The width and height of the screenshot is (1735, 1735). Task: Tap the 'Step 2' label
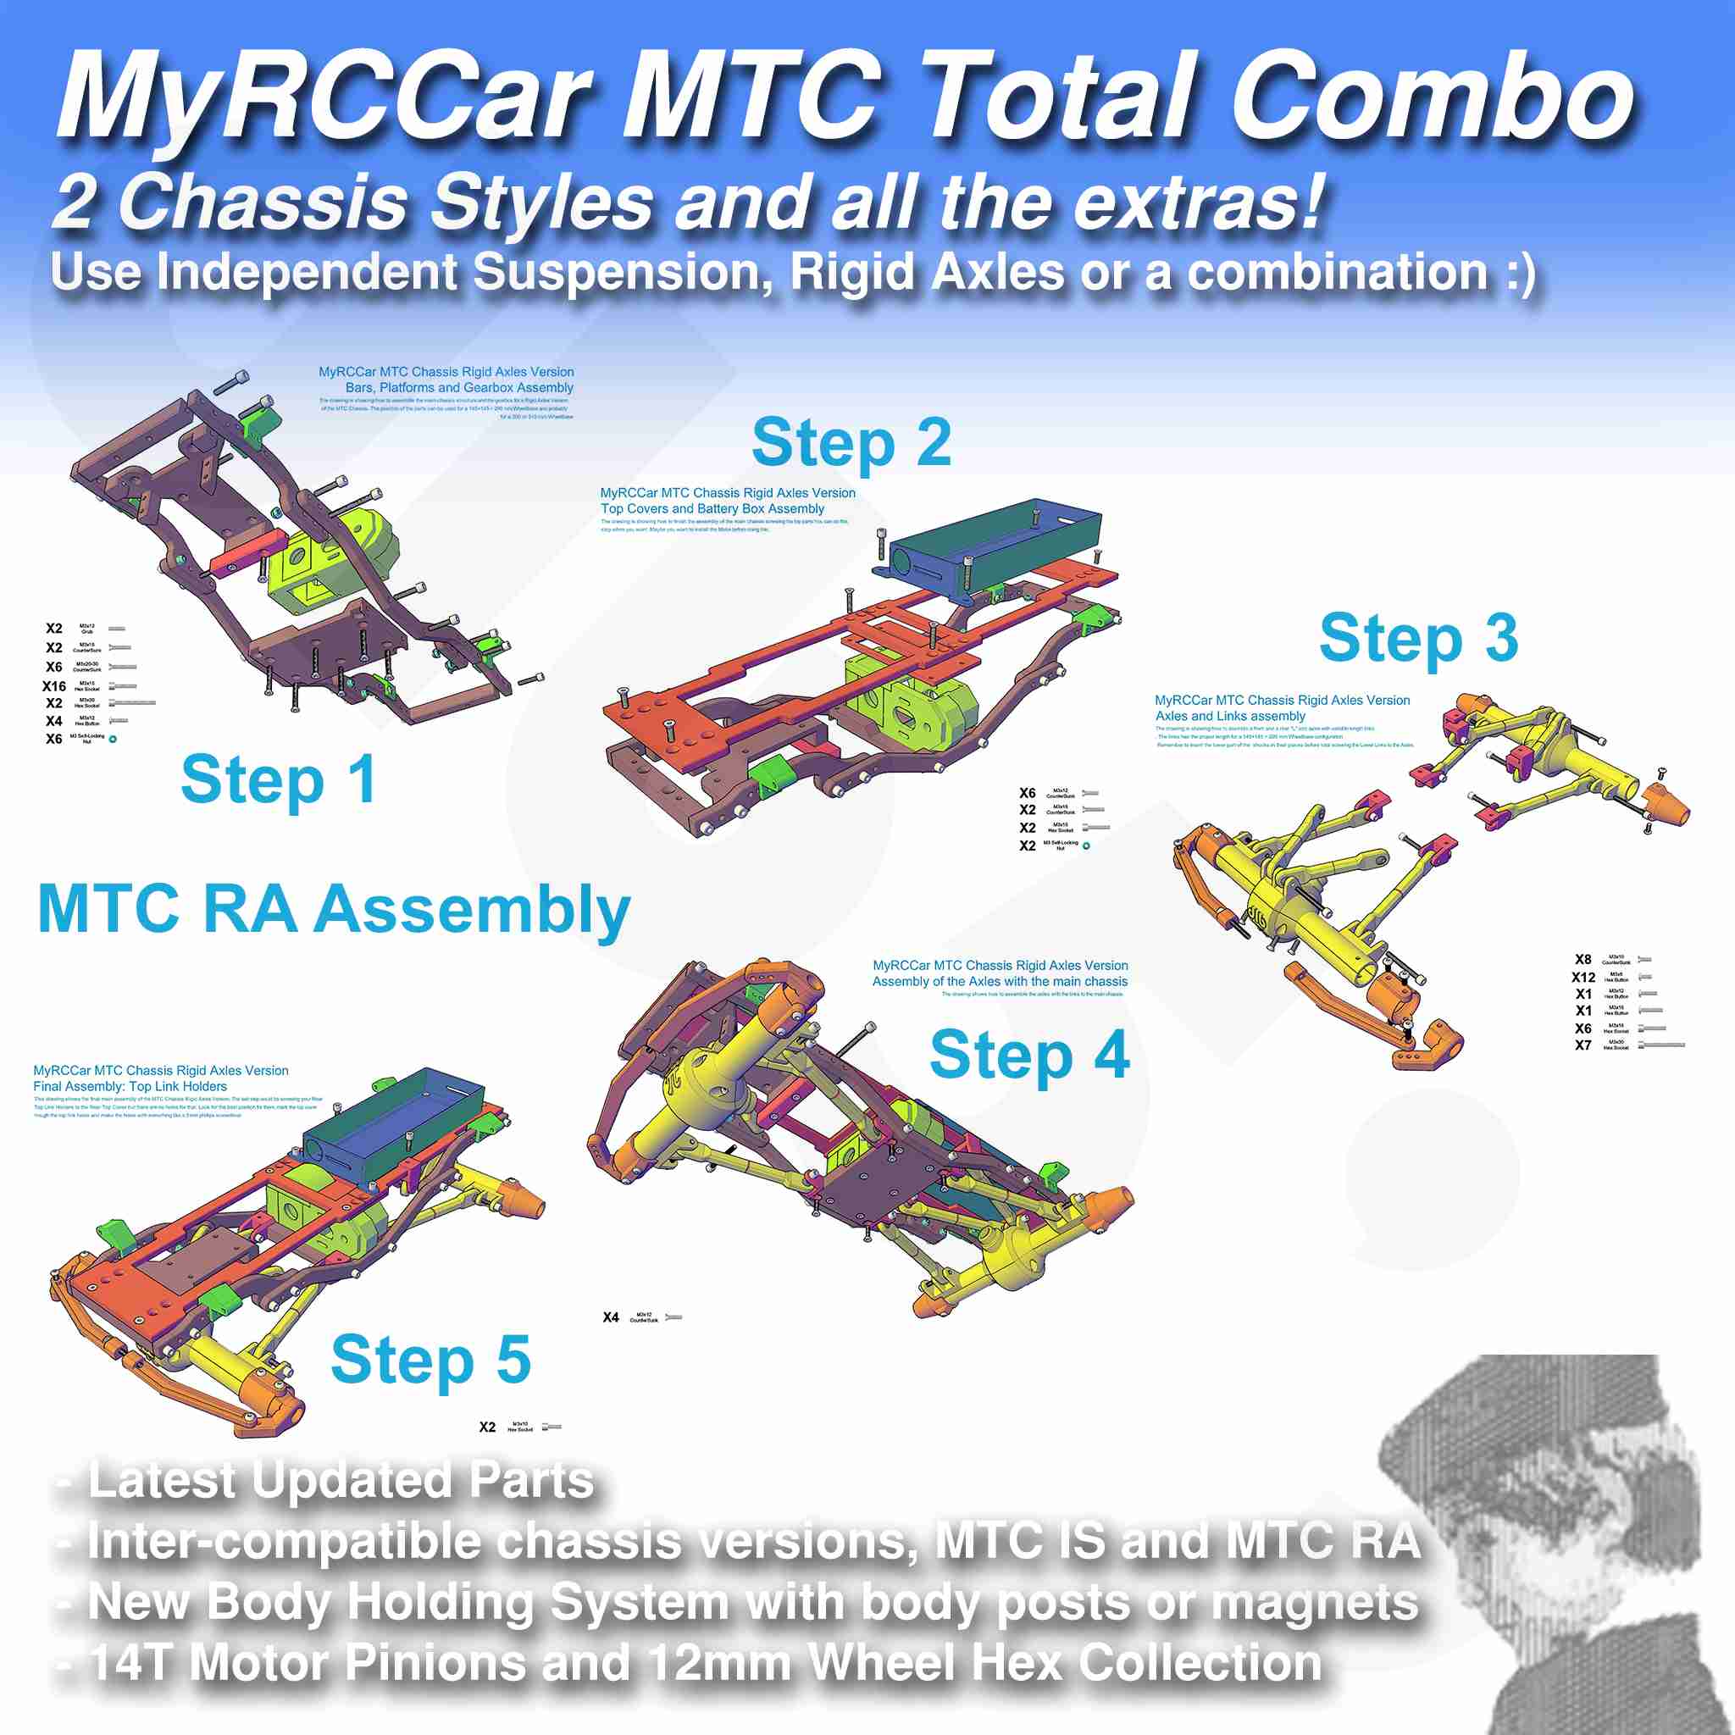pyautogui.click(x=851, y=443)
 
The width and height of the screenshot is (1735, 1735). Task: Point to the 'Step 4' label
pyautogui.click(x=1029, y=1056)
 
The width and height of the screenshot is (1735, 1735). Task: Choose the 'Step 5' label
pyautogui.click(x=430, y=1361)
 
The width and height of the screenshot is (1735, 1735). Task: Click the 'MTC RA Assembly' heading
pyautogui.click(x=333, y=910)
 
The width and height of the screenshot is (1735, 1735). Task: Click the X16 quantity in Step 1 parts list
pyautogui.click(x=54, y=686)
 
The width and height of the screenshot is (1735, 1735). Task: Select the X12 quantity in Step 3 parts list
pyautogui.click(x=1583, y=978)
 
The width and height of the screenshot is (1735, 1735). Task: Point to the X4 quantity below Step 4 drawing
pyautogui.click(x=611, y=1317)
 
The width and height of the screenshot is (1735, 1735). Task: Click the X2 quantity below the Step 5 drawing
pyautogui.click(x=487, y=1427)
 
